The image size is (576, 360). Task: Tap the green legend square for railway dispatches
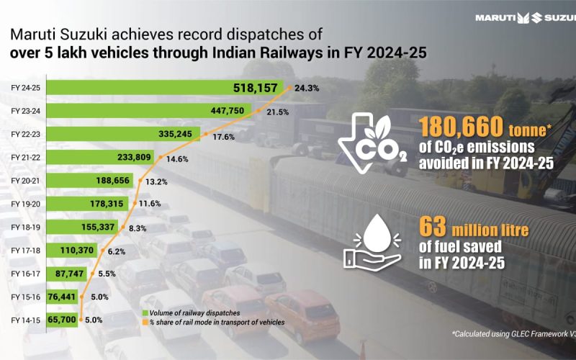pyautogui.click(x=146, y=312)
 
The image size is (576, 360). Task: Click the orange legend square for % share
pyautogui.click(x=146, y=322)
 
